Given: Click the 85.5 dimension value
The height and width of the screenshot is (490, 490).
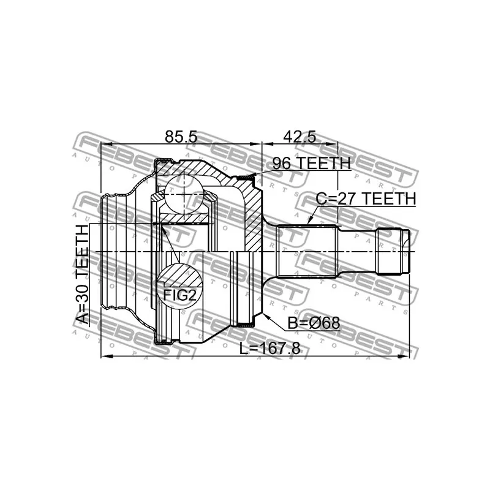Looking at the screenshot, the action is pos(181,137).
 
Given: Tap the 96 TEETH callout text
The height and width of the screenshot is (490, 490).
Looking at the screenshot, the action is pos(312,163).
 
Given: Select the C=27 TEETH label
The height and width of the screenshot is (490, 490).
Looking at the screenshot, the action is pos(366,198).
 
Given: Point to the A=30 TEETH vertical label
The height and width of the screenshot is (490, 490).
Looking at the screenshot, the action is pos(83,275).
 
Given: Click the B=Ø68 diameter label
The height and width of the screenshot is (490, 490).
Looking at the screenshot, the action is pos(314,323).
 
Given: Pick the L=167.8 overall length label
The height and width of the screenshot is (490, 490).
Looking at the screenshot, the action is pos(269,349).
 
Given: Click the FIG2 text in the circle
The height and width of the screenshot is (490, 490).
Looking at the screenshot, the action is pos(180,295).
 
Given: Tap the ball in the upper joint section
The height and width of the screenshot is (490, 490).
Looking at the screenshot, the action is pos(184,194).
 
